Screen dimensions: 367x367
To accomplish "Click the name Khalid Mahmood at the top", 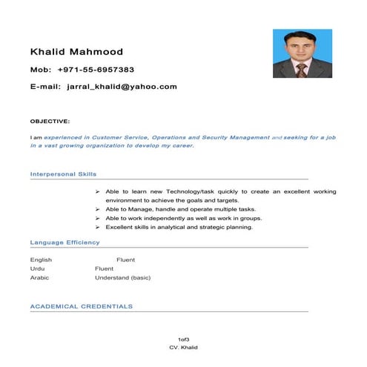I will click(x=76, y=52).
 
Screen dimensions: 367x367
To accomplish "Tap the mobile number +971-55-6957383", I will click(x=96, y=70).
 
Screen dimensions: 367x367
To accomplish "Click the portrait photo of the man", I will click(x=302, y=54).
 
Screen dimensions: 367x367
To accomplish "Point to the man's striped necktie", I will click(x=301, y=70).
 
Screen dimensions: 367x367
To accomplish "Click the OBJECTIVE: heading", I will click(x=50, y=120).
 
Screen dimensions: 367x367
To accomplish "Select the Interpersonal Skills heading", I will click(x=63, y=173).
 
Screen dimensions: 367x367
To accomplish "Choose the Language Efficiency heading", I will click(x=65, y=242).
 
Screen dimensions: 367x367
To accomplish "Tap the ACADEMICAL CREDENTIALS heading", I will click(x=82, y=305).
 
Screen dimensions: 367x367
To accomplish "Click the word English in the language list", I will click(x=41, y=260).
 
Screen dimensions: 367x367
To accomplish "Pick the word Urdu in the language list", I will click(x=37, y=268).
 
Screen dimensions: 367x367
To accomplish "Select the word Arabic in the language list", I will click(x=39, y=277).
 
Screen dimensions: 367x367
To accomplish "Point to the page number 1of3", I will click(x=183, y=339).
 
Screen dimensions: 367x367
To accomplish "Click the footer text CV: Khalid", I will click(x=183, y=347).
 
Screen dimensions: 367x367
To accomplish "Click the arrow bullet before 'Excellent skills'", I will click(x=98, y=228).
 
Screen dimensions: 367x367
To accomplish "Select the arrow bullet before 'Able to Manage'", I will click(x=98, y=210).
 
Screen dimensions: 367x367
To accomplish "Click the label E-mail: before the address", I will click(x=44, y=87).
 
